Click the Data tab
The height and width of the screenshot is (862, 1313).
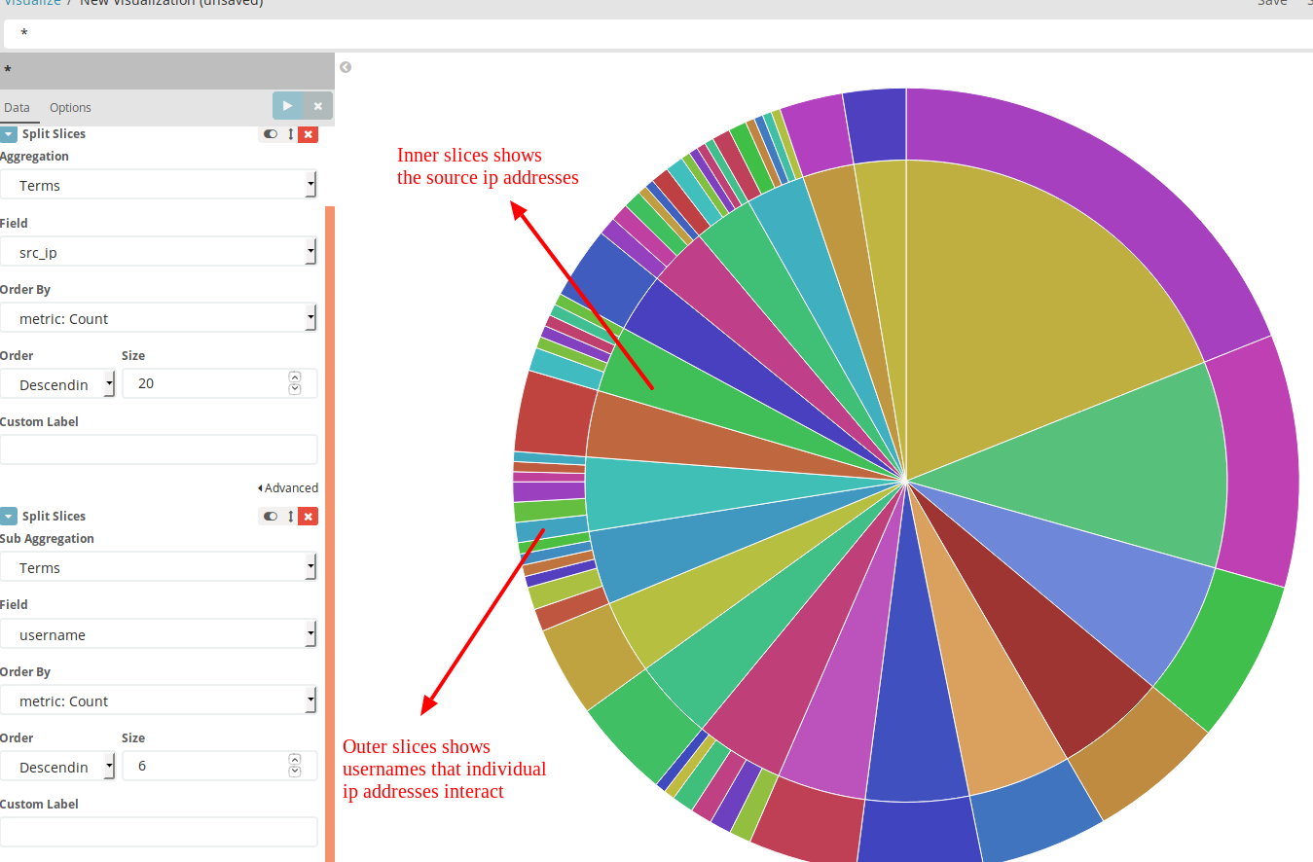click(17, 108)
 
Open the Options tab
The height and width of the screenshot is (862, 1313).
click(70, 108)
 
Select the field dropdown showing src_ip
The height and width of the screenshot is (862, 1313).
click(158, 252)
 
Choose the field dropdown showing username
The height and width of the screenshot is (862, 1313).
click(158, 634)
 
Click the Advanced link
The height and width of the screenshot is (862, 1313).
click(291, 488)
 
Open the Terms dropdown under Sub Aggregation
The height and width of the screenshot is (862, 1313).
click(158, 567)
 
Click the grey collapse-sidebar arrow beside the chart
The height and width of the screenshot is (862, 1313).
click(346, 67)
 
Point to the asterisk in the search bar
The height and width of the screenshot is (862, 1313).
click(24, 34)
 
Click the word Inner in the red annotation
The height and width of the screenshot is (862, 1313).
click(418, 156)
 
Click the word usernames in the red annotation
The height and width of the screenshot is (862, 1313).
click(387, 770)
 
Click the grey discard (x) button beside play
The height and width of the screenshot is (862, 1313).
click(317, 105)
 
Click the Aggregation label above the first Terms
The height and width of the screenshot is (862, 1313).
click(35, 157)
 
